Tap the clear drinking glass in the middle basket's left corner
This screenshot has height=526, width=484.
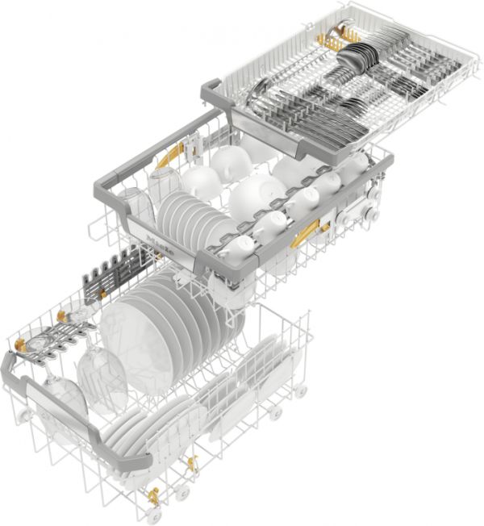click(134, 206)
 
